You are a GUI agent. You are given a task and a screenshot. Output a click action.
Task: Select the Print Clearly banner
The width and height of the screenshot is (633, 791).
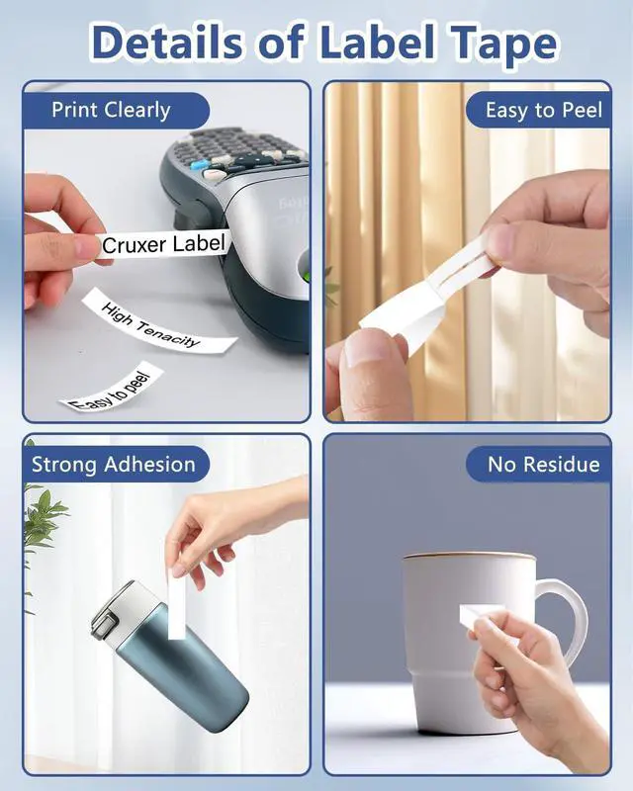pos(116,110)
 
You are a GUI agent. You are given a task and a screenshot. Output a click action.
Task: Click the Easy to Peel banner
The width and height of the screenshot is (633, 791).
pos(538,110)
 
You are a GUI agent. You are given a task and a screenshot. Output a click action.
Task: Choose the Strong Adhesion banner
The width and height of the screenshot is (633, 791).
pos(116,464)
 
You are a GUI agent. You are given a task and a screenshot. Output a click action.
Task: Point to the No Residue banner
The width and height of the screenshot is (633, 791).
pos(538,464)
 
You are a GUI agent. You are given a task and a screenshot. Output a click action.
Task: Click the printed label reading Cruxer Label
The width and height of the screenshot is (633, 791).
pos(162,244)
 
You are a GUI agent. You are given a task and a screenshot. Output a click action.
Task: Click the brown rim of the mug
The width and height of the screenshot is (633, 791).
pos(469,556)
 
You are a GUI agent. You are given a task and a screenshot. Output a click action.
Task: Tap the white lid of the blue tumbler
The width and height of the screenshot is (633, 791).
pos(120,609)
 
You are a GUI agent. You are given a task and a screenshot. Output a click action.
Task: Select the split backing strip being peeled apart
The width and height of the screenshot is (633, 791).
pos(426,293)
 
